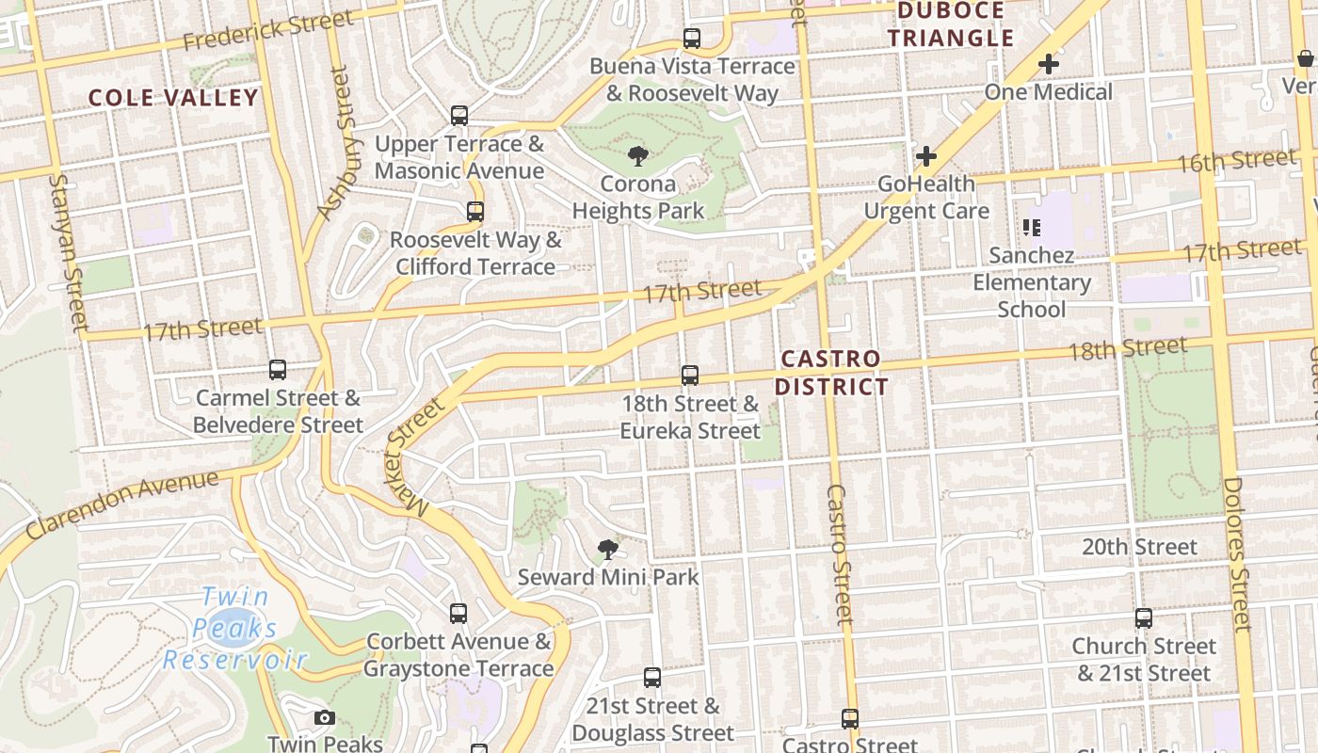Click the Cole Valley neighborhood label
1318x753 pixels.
tap(173, 98)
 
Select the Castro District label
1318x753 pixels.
tap(832, 373)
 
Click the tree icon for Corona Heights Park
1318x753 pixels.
tap(637, 155)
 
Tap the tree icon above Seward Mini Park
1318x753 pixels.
tap(608, 549)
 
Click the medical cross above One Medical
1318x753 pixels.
tap(1049, 64)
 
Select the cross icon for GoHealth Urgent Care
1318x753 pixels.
tap(926, 155)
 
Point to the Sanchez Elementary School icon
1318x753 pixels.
tap(1031, 227)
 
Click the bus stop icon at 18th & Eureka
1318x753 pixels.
tap(690, 376)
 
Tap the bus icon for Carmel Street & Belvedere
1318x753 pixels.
tap(277, 370)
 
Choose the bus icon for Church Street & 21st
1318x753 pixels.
tap(1143, 618)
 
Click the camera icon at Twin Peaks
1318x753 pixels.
tap(325, 718)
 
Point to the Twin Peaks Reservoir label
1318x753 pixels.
tap(235, 629)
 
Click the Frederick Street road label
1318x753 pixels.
tap(268, 30)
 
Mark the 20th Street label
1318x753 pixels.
tap(1139, 547)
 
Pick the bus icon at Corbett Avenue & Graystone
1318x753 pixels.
tap(458, 614)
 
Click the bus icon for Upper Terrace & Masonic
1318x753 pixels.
tap(459, 116)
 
